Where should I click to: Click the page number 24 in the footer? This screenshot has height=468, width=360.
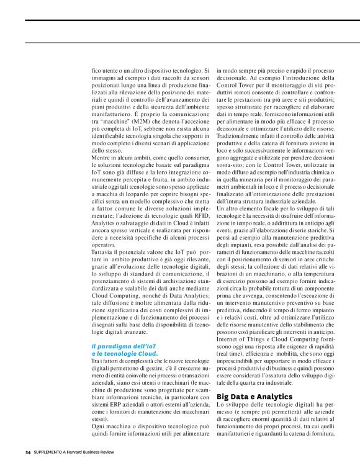point(28,452)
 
